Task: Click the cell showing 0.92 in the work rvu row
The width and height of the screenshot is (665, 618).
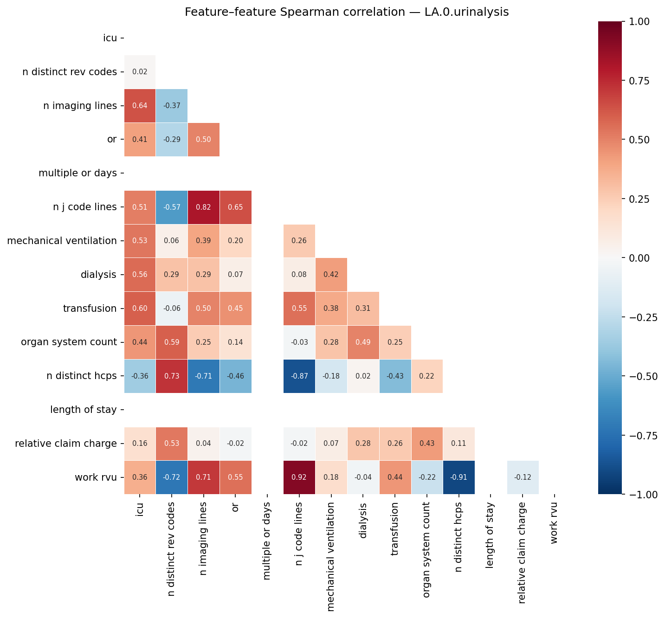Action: (299, 477)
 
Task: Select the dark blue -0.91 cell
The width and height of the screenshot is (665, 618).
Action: (459, 477)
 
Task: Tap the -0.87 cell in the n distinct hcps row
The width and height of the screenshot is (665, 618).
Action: (299, 376)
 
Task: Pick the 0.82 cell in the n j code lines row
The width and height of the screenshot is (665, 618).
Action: (204, 207)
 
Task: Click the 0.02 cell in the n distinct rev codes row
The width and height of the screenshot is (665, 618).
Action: (140, 72)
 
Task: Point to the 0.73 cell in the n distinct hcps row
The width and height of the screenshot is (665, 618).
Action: (172, 376)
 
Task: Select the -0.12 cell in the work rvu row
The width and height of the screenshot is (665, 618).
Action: (523, 477)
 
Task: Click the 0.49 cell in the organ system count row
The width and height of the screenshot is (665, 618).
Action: (363, 342)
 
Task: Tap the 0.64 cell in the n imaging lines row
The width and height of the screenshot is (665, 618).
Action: (140, 106)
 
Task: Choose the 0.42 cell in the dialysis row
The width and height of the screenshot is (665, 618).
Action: (331, 275)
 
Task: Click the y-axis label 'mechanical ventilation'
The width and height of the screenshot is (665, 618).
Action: (62, 241)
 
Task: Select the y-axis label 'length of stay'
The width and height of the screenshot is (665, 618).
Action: (83, 410)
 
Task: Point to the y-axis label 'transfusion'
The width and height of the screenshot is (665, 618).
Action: (90, 309)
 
